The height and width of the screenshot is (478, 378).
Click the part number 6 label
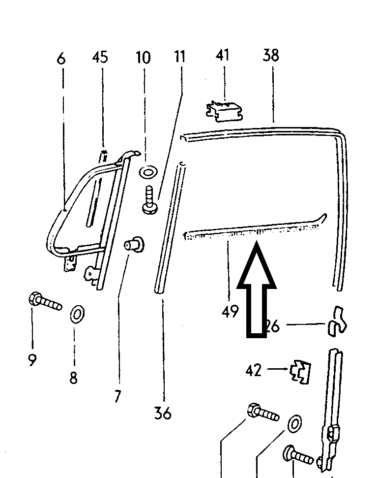[x=60, y=59]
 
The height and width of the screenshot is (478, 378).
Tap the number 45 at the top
[x=100, y=58]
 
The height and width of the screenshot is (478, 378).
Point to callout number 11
[x=180, y=57]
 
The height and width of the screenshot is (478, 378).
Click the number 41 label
[x=223, y=56]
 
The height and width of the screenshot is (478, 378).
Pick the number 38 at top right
[x=271, y=55]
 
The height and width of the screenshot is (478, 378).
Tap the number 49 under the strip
[x=230, y=311]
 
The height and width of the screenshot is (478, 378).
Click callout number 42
[x=254, y=370]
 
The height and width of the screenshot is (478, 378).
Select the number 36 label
[x=163, y=412]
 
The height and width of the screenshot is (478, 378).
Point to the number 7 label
[x=117, y=395]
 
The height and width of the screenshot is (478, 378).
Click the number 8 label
[x=73, y=378]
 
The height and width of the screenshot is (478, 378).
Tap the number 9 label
[x=32, y=360]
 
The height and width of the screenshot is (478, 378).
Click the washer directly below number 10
[x=147, y=173]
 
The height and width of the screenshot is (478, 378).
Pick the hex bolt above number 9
[x=45, y=301]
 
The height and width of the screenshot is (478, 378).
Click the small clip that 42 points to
[x=301, y=372]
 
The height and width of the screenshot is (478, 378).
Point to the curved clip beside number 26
[x=337, y=321]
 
